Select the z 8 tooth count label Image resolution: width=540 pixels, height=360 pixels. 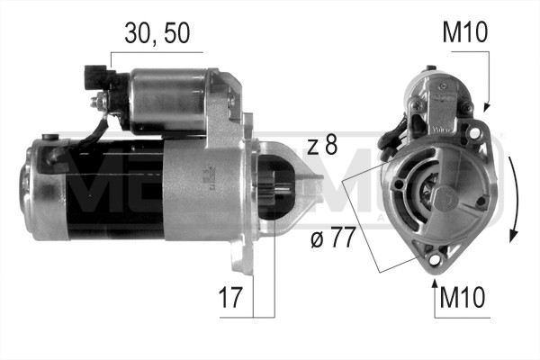320,145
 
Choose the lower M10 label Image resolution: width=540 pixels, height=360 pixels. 463,298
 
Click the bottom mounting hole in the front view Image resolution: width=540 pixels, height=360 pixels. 436,260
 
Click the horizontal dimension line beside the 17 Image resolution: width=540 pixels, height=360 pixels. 243,316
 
